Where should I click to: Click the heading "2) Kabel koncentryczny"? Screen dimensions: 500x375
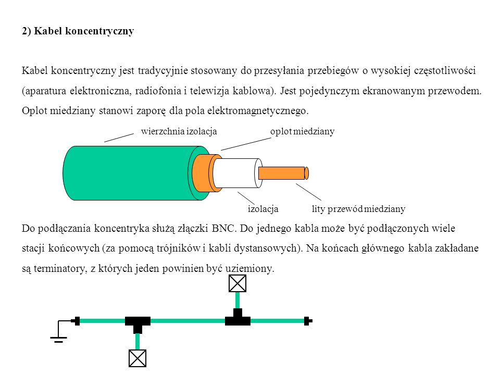(78, 31)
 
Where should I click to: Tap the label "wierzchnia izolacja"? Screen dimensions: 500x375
(179, 131)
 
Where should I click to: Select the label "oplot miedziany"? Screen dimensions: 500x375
(302, 131)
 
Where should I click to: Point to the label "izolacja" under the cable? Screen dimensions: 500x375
(263, 209)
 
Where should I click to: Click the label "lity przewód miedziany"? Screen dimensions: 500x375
(359, 209)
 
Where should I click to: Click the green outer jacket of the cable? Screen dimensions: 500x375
(128, 173)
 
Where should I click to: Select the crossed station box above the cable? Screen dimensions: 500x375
(238, 283)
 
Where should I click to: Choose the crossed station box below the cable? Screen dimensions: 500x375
(137, 358)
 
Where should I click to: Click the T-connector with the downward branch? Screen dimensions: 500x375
(137, 323)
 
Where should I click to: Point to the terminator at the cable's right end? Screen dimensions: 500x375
(308, 321)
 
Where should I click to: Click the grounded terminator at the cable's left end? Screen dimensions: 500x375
(76, 321)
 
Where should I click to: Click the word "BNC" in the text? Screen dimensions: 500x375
(223, 229)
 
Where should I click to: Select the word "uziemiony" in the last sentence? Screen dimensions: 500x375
(249, 269)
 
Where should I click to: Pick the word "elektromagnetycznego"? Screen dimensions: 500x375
(257, 111)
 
